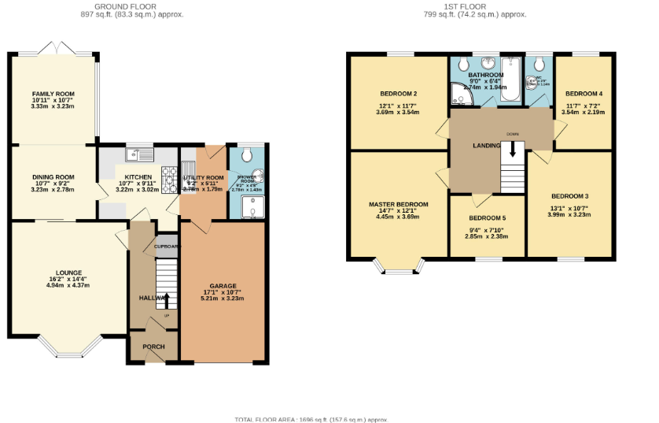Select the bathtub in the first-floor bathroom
[x=511, y=80]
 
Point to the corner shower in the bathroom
[x=461, y=95]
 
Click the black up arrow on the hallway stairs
[x=166, y=300]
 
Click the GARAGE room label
[x=223, y=286]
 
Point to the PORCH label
[x=153, y=347]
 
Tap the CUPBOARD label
[x=167, y=247]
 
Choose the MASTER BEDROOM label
[x=399, y=205]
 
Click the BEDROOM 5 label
[x=488, y=218]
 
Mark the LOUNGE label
[x=69, y=273]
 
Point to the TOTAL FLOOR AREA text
[x=311, y=419]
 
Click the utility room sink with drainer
[x=190, y=169]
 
